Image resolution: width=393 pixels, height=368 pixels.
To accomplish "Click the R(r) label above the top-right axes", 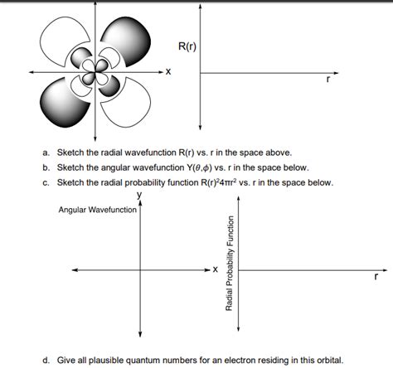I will pos(187,44).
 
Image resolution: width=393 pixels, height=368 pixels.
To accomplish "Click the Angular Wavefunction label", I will pos(98,210).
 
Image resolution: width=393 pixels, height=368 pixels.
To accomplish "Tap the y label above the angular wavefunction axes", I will pos(139,195).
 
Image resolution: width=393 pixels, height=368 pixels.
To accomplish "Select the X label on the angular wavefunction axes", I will pos(215,270).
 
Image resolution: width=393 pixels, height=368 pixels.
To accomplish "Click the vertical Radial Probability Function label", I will pos(230,264).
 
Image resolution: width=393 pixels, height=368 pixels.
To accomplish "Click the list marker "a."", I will pos(47,153).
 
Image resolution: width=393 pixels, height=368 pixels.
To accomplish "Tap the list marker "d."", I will pos(47,361).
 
